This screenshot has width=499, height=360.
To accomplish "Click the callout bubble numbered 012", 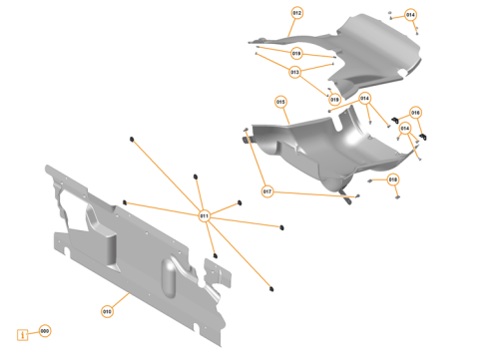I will coord(296,13).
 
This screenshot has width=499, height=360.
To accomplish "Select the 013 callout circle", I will coord(295,72).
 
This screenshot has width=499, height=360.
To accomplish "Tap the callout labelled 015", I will coord(281,102).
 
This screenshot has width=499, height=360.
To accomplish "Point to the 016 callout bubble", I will coord(415,113).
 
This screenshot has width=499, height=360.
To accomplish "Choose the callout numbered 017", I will coord(267,190).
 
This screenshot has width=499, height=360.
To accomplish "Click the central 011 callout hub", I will coord(204,214).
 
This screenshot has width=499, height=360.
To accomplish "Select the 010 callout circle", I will coord(107,311).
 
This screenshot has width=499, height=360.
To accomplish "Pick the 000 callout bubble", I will coord(44,330).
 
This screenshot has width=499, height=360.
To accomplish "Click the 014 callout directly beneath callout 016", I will coord(405,129).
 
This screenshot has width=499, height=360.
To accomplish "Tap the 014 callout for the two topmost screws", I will coord(410,15).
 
